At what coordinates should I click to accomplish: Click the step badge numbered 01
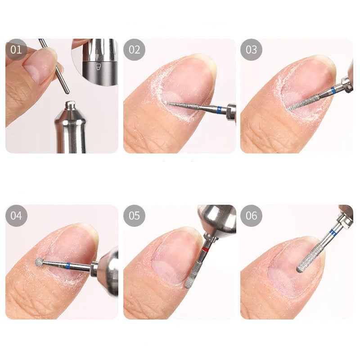point(16,49)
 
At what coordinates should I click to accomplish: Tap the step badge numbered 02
point(134,49)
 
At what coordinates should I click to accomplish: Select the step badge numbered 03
point(251,49)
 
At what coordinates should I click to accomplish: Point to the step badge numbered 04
point(16,216)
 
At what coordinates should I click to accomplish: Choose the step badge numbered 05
point(134,216)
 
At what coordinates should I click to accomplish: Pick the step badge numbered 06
point(251,216)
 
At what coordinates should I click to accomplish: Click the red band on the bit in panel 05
point(205,249)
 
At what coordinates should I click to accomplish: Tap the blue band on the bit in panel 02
point(219,109)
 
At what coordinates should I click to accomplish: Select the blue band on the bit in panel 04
point(67,265)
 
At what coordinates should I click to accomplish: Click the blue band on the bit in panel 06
point(333,233)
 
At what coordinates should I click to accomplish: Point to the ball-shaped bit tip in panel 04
point(40,261)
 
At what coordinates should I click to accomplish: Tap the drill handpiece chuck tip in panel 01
point(70,106)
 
